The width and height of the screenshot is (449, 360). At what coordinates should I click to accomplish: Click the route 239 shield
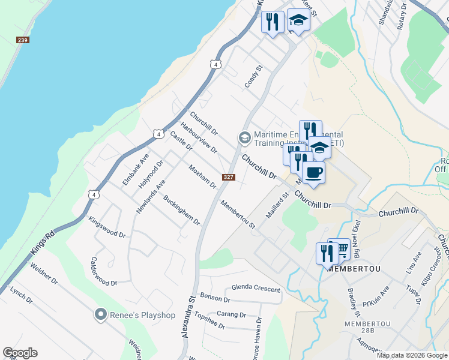point(23,40)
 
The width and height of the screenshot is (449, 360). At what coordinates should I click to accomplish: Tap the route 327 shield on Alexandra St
point(228,177)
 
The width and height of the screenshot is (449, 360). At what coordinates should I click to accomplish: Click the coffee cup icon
point(313,173)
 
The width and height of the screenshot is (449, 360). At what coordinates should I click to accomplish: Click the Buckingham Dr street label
point(181,209)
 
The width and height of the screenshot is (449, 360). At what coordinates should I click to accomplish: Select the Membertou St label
point(238,214)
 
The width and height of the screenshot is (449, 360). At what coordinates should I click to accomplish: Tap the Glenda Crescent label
point(256,289)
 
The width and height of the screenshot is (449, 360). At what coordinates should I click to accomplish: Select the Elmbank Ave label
point(135,169)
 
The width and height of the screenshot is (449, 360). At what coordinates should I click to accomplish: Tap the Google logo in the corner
point(20,353)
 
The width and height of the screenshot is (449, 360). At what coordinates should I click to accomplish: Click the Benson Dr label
point(215,298)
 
